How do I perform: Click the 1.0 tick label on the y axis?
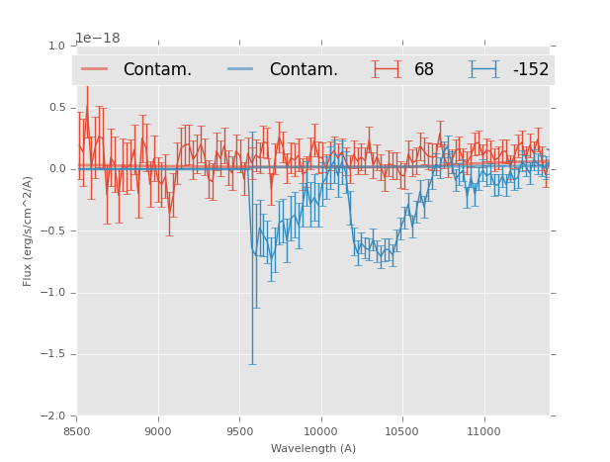(56, 46)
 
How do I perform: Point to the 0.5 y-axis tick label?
(56, 108)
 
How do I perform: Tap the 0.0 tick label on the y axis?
(56, 169)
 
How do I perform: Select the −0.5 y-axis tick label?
(53, 231)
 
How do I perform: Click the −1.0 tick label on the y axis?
(53, 293)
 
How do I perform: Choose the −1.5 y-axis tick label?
(53, 354)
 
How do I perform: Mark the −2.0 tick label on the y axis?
(53, 416)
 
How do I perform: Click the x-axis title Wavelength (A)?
(313, 449)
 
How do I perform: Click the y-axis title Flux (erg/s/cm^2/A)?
(29, 231)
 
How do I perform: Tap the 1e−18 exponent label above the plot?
(98, 39)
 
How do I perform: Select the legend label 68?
(424, 70)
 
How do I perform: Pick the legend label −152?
(530, 70)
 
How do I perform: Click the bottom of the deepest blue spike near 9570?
(252, 364)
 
